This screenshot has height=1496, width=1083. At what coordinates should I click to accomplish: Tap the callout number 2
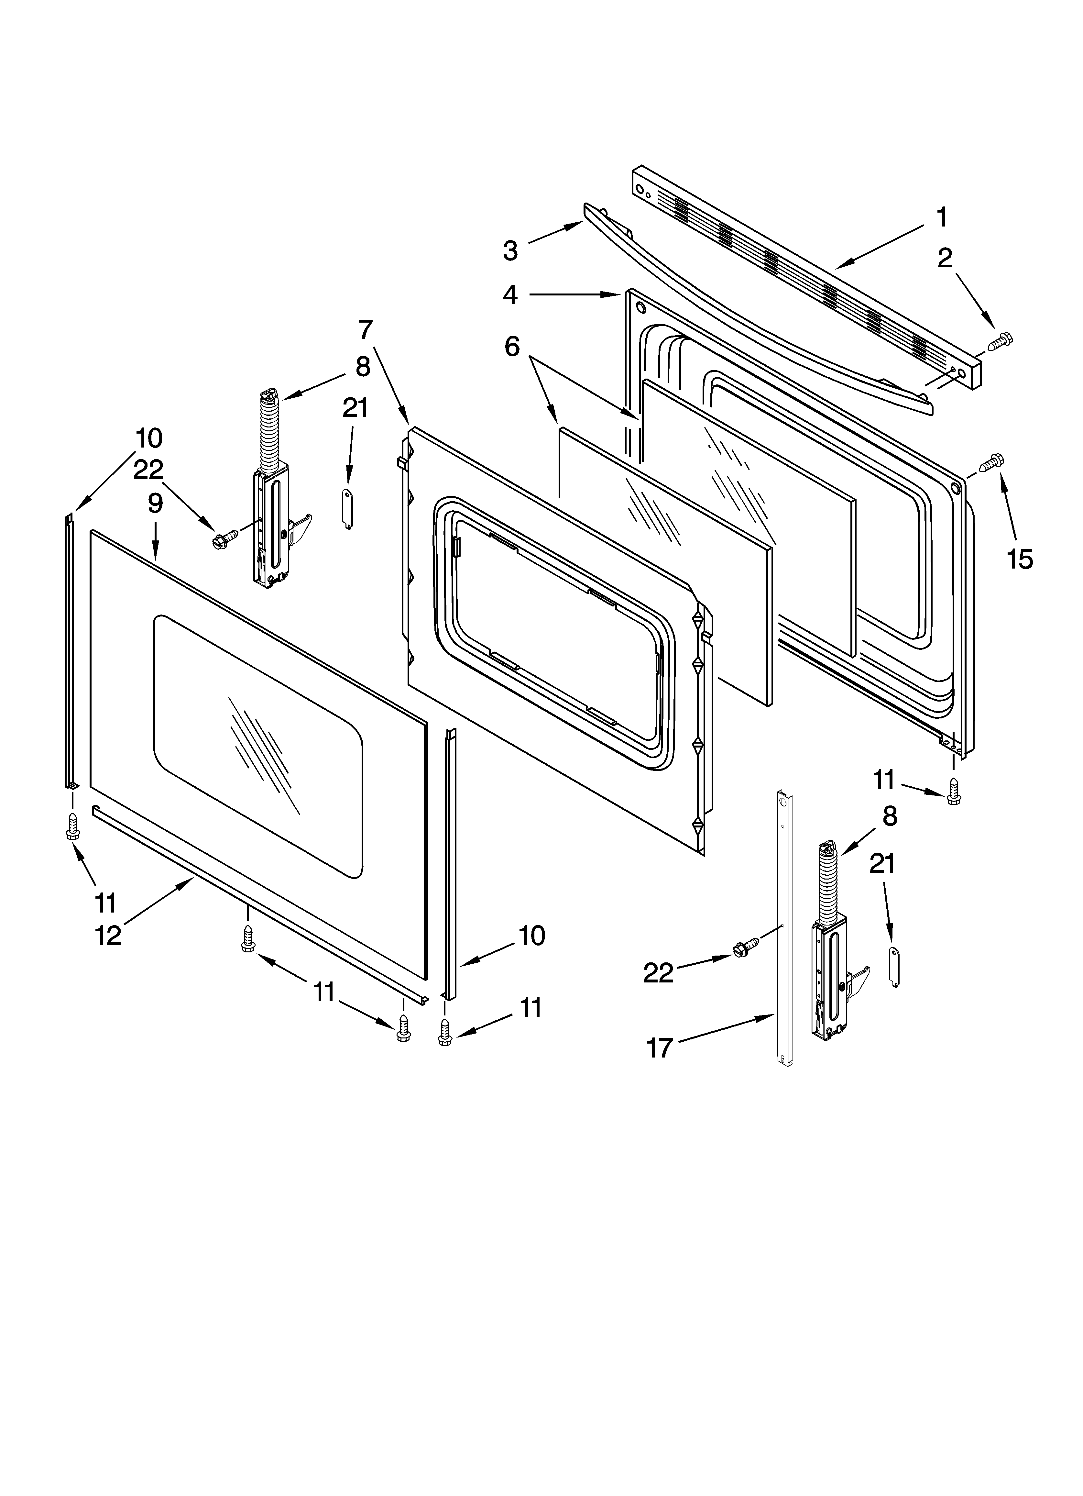tap(945, 259)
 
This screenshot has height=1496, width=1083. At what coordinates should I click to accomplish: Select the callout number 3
tap(510, 251)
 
